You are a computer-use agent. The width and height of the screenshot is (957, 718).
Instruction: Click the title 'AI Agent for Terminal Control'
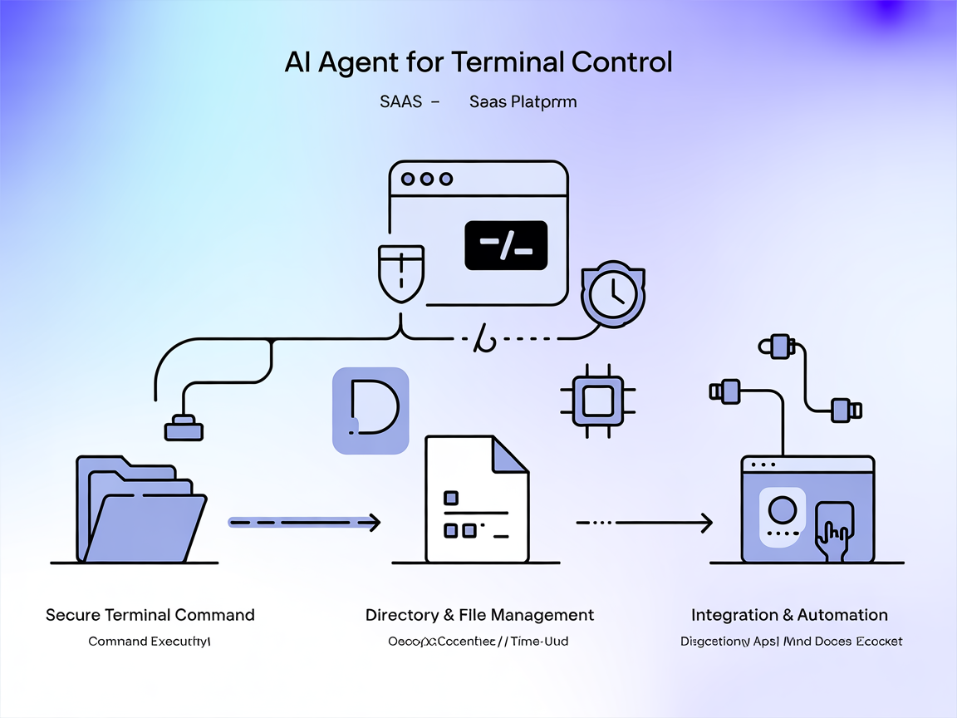tap(478, 63)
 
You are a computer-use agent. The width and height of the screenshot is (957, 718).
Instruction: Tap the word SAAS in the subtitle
tap(400, 102)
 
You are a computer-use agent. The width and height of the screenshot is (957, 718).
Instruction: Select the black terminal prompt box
tap(506, 245)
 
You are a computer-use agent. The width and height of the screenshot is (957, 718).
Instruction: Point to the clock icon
tap(613, 293)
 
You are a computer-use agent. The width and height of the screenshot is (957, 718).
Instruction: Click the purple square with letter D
tap(371, 411)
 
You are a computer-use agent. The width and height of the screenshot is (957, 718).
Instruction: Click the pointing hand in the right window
tap(832, 532)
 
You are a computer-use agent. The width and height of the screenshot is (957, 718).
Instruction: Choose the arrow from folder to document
tap(304, 523)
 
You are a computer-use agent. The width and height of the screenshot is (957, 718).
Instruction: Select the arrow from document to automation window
tap(644, 524)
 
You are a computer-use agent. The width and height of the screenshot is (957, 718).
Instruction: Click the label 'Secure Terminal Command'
tap(150, 615)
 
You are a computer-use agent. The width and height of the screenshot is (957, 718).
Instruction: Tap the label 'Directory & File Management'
tap(479, 615)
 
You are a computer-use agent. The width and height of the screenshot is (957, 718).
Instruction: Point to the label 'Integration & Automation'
tap(789, 615)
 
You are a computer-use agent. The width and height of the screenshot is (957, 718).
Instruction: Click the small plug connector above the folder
tap(184, 429)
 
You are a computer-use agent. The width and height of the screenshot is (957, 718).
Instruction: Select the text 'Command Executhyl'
tap(150, 642)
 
